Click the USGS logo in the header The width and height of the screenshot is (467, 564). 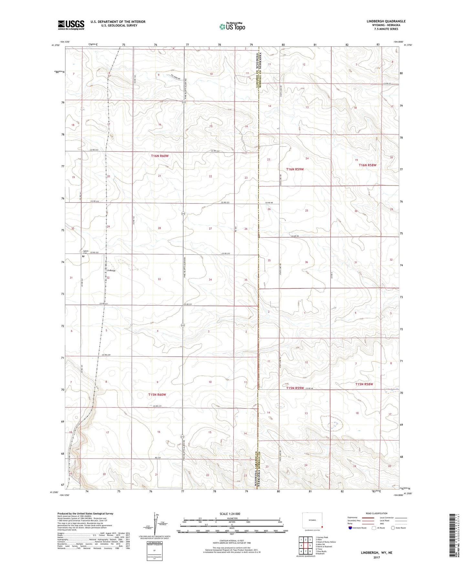[x=71, y=25]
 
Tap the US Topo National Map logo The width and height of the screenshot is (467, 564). [x=232, y=26]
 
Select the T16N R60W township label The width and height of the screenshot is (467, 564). [x=160, y=156]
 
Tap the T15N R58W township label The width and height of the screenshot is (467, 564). [x=364, y=384]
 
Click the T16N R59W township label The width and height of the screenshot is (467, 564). [x=295, y=169]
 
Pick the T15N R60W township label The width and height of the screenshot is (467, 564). [x=157, y=394]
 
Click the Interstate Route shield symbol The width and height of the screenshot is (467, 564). [x=350, y=528]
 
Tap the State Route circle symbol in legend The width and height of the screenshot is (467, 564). [x=393, y=528]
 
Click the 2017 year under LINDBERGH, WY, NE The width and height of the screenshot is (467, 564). [x=376, y=558]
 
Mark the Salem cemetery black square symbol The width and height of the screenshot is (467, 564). [x=83, y=256]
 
